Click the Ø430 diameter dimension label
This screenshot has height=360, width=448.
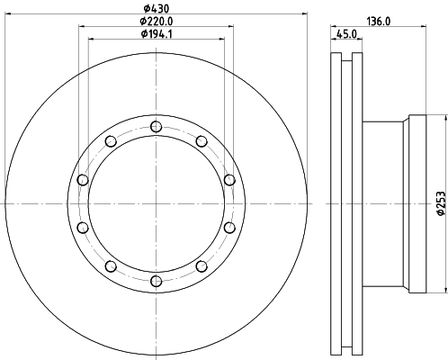[x=157, y=8]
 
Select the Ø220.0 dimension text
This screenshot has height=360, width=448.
[x=157, y=22]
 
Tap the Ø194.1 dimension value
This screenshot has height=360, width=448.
[x=157, y=34]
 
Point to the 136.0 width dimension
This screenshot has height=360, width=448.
[x=379, y=22]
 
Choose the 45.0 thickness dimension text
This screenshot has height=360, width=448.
[x=346, y=34]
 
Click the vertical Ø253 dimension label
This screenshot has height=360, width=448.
[x=441, y=203]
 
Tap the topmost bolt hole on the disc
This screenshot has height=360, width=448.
[x=156, y=127]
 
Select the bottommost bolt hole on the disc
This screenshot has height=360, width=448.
[x=156, y=281]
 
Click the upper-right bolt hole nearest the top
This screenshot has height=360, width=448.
[x=202, y=141]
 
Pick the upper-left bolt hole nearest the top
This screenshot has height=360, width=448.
[x=111, y=141]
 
